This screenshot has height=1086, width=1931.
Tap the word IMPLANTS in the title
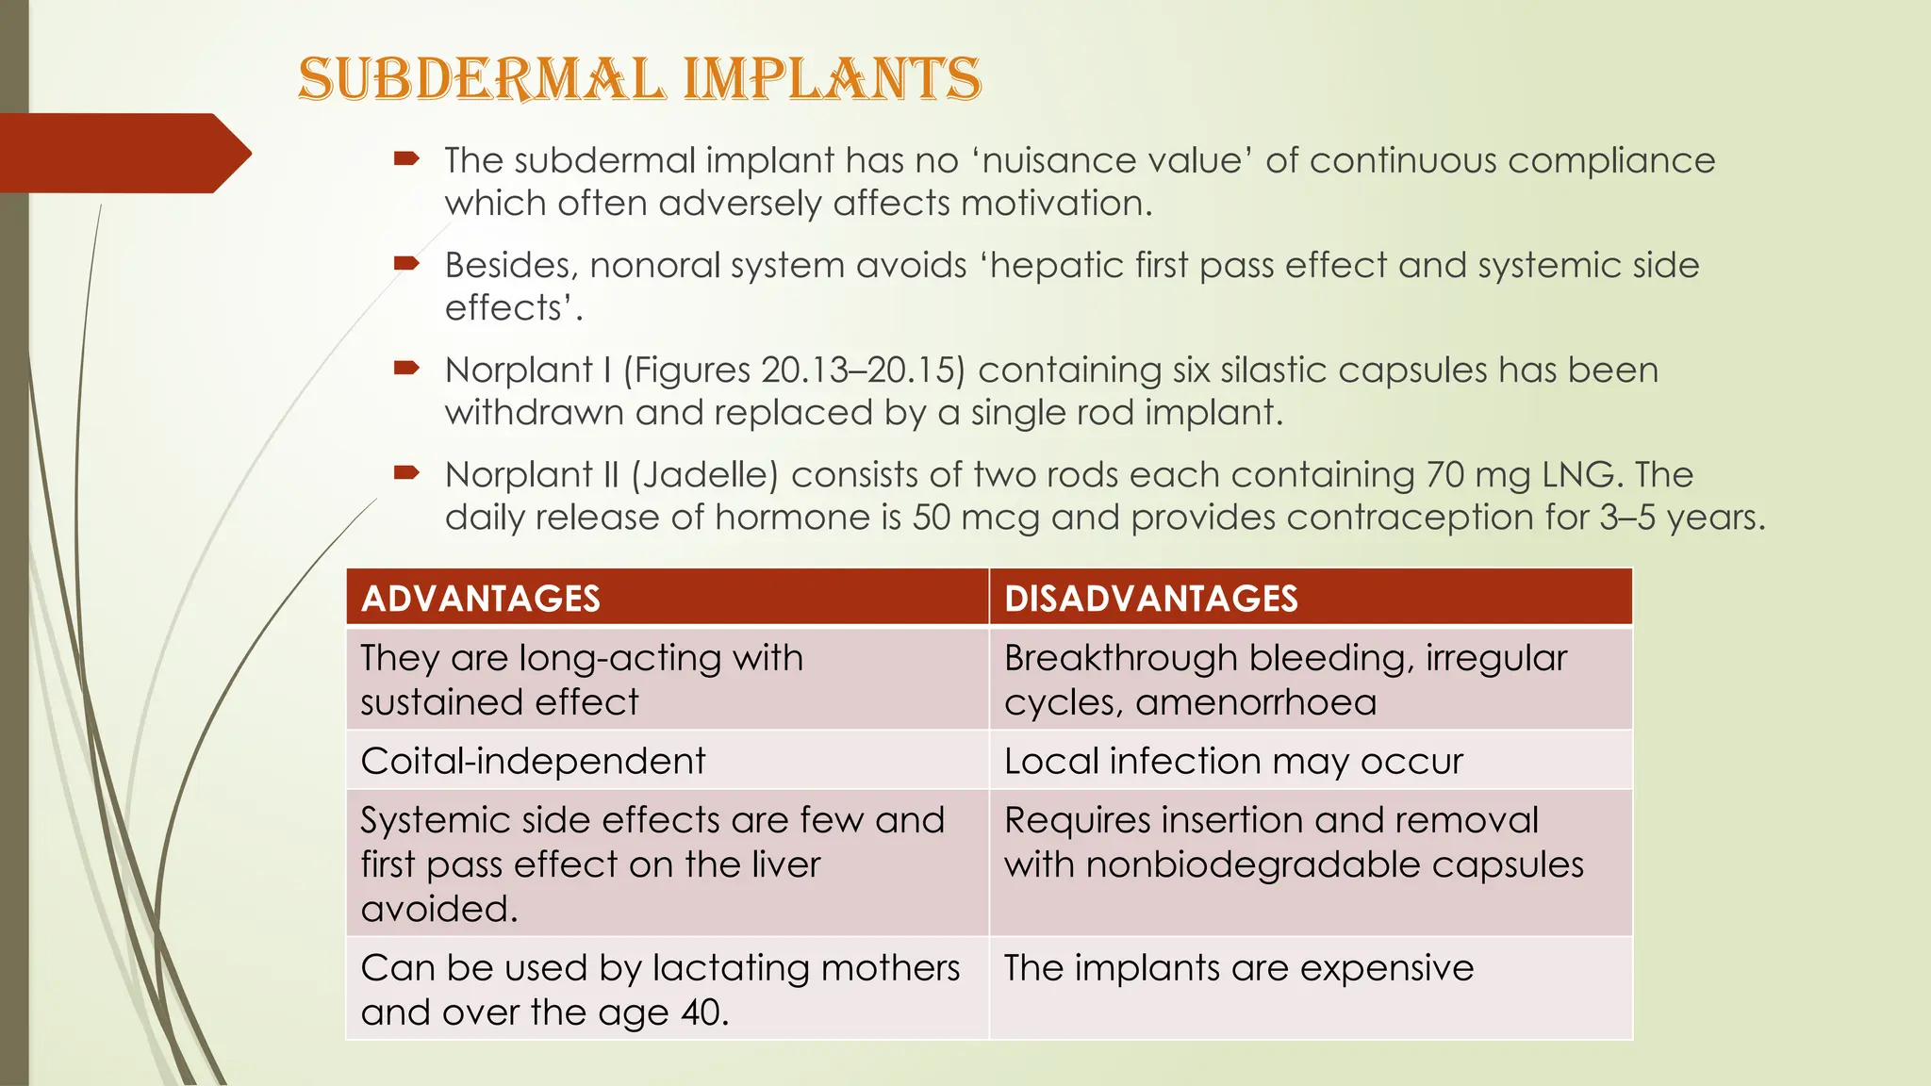832,79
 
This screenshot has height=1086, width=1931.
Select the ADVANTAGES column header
481,599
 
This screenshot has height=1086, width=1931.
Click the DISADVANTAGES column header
1151,599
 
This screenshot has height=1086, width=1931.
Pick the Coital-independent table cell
533,761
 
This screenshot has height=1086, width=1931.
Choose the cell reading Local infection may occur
1233,761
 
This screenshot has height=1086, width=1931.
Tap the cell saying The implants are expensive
1238,968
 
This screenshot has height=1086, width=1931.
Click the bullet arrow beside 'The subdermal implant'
406,159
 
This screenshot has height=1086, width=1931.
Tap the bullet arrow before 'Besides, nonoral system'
406,264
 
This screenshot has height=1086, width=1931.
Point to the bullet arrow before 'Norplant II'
406,473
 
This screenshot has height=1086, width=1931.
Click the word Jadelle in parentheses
704,474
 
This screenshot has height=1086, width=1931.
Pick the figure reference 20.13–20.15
858,370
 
